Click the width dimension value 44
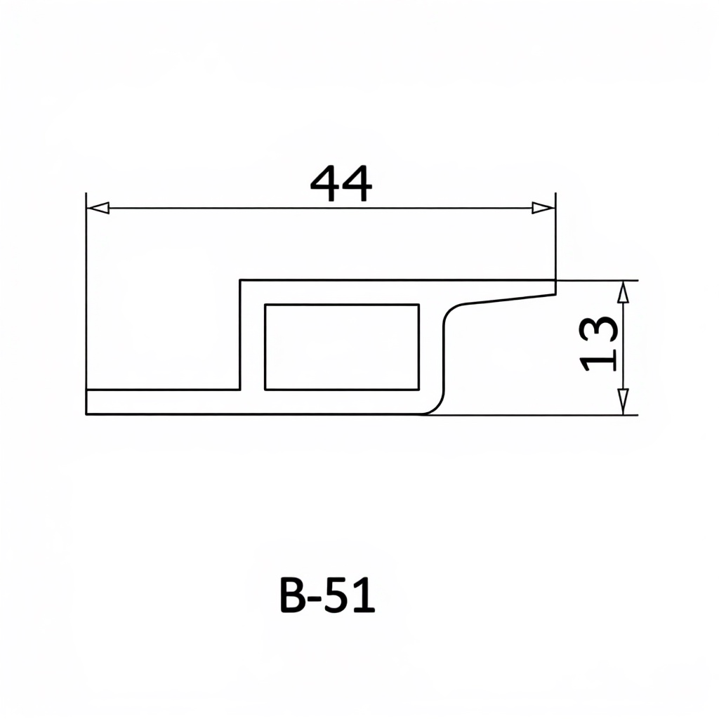pos(341,183)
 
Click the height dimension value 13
pos(599,343)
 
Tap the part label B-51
pos(327,595)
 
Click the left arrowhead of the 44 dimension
pos(98,208)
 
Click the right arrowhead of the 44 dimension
pos(543,208)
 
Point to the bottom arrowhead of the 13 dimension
pos(622,402)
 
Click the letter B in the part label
pos(293,595)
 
